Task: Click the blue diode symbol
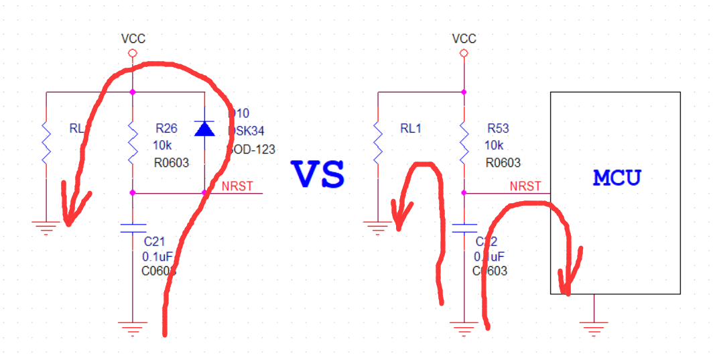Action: tap(204, 128)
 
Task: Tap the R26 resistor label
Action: tap(166, 127)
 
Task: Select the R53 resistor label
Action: tap(498, 128)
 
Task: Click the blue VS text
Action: tap(318, 174)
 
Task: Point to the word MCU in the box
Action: tap(616, 178)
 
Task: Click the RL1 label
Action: tap(411, 128)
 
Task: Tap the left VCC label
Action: tap(133, 39)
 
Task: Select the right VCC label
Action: tap(464, 39)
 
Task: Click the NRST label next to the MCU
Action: tap(525, 186)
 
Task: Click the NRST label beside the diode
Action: tap(237, 186)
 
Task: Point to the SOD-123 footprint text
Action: tap(253, 149)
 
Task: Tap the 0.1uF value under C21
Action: tap(157, 256)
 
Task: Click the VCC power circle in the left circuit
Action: tap(133, 53)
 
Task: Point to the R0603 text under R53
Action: tap(503, 163)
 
